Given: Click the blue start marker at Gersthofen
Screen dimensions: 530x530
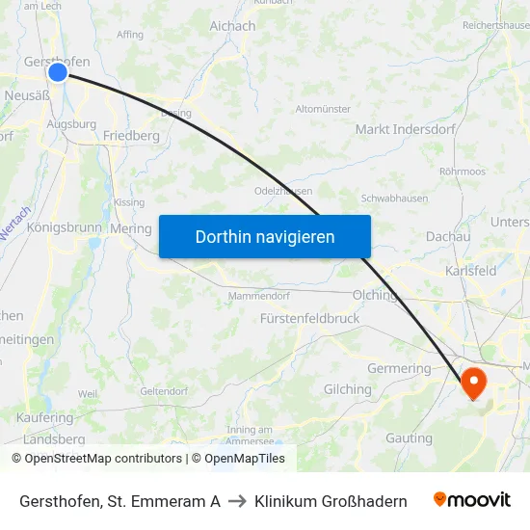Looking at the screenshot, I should point(58,72).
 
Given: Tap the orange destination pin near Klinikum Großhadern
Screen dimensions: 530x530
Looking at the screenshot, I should point(475,382).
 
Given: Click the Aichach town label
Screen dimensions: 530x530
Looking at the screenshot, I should point(232,26).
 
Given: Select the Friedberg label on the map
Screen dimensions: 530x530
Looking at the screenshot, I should point(131,136).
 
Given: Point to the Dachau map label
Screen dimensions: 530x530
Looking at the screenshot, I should point(448,236).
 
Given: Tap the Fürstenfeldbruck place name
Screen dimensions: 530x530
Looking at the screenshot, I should point(309,318).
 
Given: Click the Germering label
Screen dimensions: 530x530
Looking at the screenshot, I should point(399,368).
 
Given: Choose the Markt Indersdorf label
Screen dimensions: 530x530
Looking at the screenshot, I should point(400,129).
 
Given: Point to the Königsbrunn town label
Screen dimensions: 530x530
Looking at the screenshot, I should point(64,228).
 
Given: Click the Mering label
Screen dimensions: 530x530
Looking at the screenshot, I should point(131,229).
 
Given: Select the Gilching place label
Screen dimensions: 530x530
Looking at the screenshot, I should point(347,389).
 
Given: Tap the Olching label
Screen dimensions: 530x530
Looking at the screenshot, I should point(376,295).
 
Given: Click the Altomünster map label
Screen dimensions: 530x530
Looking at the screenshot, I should point(323,109).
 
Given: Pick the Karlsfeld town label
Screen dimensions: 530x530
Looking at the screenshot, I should point(470,271).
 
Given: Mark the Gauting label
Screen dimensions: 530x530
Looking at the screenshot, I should point(409,438).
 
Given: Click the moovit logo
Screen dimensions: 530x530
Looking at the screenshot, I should point(472,499).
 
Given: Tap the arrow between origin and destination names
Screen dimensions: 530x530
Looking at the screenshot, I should point(237,501).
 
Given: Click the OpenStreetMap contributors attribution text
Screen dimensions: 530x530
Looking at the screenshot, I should point(97,459).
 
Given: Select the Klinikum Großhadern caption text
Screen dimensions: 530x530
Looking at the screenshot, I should point(331,501).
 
